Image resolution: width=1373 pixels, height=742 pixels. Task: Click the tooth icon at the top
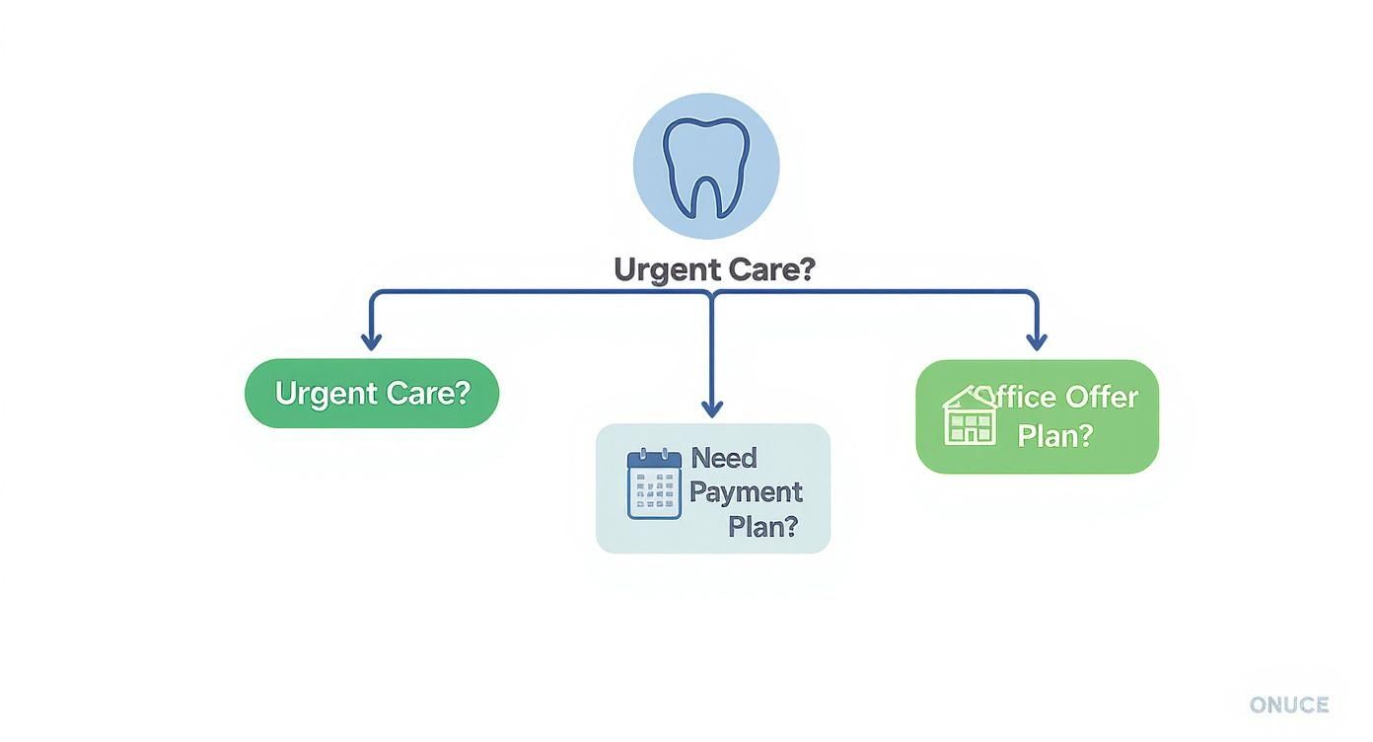click(x=705, y=166)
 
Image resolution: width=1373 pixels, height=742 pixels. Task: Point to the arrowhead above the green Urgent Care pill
click(x=371, y=341)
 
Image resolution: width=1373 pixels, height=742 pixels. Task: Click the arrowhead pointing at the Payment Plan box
click(x=712, y=408)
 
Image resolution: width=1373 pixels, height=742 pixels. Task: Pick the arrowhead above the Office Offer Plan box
click(x=1036, y=341)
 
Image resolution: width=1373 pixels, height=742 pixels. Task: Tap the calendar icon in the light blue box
click(x=654, y=483)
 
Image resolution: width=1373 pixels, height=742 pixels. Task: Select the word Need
click(x=724, y=458)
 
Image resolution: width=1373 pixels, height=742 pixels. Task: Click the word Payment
click(x=747, y=491)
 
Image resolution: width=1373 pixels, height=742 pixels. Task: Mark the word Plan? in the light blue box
click(x=761, y=526)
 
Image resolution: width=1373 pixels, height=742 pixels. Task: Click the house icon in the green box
click(x=970, y=416)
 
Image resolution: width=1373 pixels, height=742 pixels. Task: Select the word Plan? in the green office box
click(x=1054, y=435)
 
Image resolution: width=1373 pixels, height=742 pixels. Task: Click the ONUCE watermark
click(x=1289, y=705)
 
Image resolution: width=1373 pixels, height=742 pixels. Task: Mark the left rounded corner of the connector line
click(x=374, y=294)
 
